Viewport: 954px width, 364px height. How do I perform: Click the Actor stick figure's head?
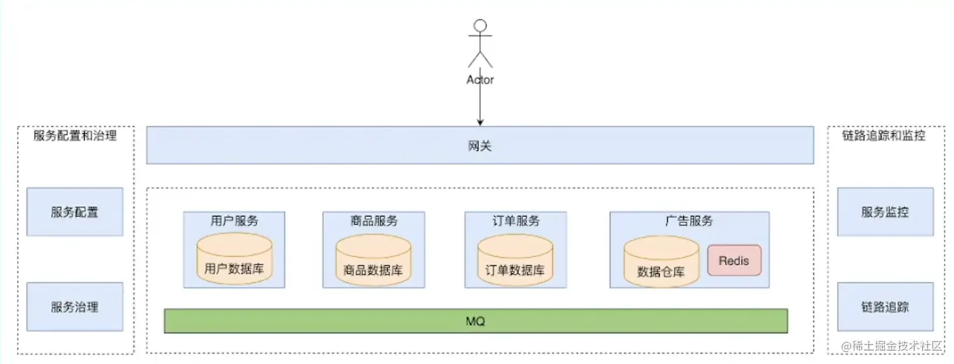coord(480,26)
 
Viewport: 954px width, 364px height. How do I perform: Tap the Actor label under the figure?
coord(480,80)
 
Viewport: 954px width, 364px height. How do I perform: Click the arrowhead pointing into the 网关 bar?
coord(480,122)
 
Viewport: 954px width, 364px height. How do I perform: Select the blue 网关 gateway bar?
coord(480,146)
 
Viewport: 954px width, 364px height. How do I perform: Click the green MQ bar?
coord(476,321)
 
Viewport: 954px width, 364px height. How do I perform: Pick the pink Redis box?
coord(734,261)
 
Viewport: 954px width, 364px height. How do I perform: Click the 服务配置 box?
coord(74,212)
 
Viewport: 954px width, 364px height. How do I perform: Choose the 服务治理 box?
coord(74,307)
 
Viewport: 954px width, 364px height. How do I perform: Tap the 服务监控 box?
coord(885,212)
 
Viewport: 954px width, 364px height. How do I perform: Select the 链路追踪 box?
coord(885,307)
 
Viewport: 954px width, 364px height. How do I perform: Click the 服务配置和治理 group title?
coord(75,136)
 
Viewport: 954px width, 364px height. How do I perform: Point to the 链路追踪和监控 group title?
coord(884,136)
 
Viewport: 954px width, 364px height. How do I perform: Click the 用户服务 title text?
coord(234,221)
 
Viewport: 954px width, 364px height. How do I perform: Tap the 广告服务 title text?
coord(689,221)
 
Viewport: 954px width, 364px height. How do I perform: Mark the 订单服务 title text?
coord(515,221)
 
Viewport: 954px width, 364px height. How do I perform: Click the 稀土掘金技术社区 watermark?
coord(893,346)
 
